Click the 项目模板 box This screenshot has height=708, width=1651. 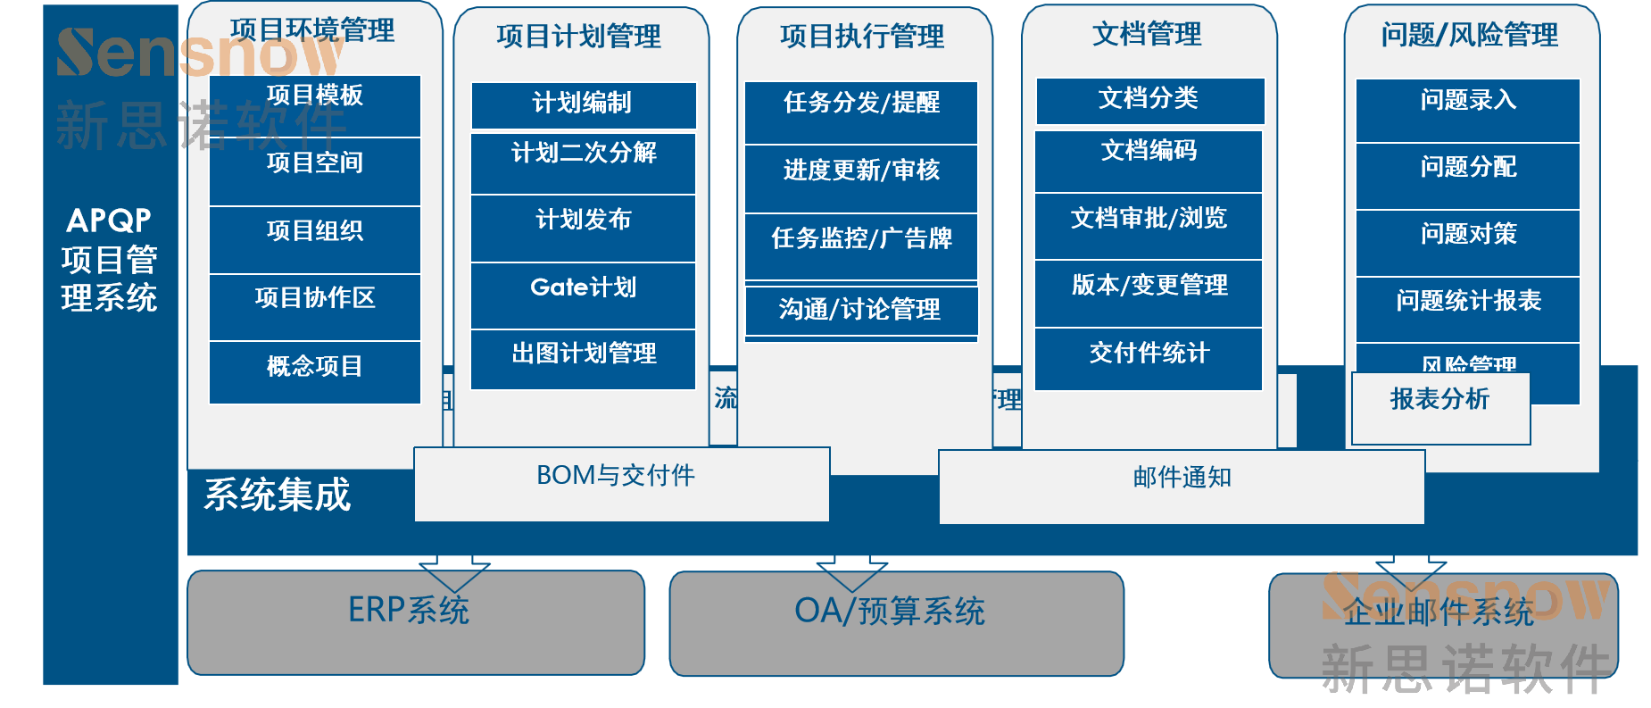pyautogui.click(x=314, y=104)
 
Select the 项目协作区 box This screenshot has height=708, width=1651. pyautogui.click(x=314, y=306)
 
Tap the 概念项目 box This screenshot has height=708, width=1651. pyautogui.click(x=314, y=371)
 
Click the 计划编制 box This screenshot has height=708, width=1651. pyautogui.click(x=583, y=105)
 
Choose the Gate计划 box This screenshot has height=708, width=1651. pyautogui.click(x=583, y=295)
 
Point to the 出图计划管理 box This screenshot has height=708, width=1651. pyautogui.click(x=583, y=359)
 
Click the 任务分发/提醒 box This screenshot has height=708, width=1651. pyautogui.click(x=861, y=112)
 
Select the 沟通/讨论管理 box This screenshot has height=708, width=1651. pyautogui.click(x=861, y=310)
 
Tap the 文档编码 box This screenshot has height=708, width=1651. pyautogui.click(x=1149, y=161)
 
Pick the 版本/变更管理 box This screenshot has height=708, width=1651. pyautogui.click(x=1149, y=293)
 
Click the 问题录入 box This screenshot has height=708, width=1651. pyautogui.click(x=1467, y=110)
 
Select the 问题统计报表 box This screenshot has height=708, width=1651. pyautogui.click(x=1467, y=309)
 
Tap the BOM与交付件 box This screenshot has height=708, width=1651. pyautogui.click(x=621, y=484)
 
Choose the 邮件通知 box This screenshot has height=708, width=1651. pyautogui.click(x=1182, y=487)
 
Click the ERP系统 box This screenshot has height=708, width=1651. pyautogui.click(x=415, y=622)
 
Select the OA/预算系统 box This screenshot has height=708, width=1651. pyautogui.click(x=896, y=623)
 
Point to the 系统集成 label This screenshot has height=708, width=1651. pyautogui.click(x=278, y=495)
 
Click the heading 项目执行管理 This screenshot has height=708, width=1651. pyautogui.click(x=862, y=37)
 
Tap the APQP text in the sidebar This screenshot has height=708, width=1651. pyautogui.click(x=109, y=220)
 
